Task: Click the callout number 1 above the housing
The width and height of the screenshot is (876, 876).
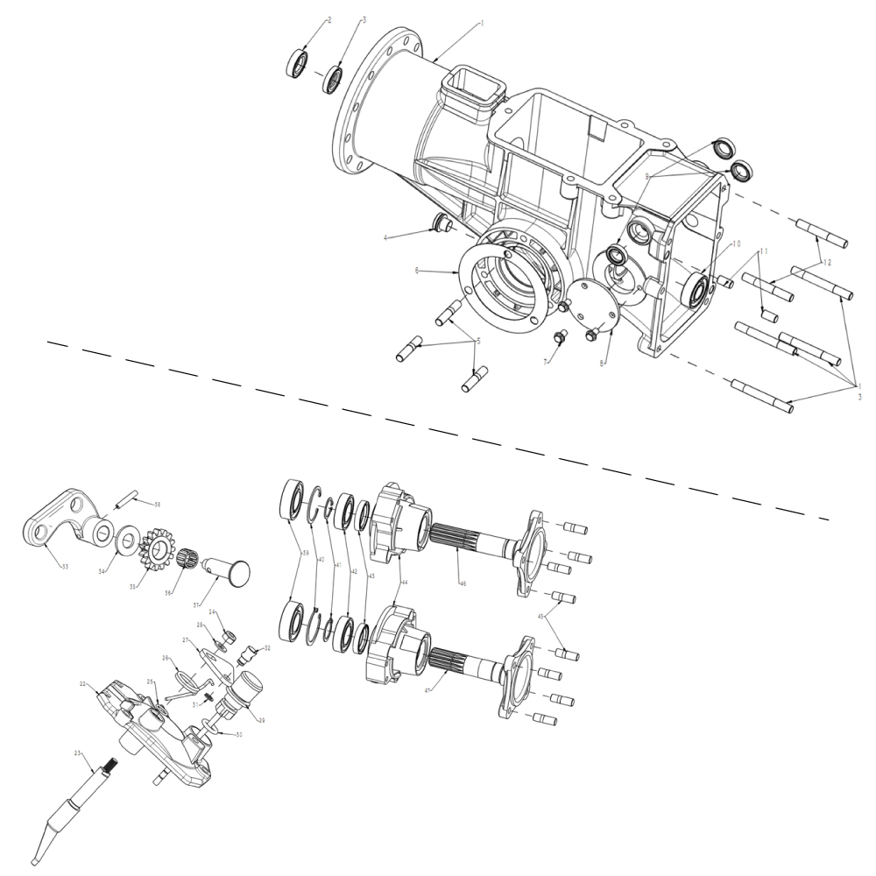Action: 480,25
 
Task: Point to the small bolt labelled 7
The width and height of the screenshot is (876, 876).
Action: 557,338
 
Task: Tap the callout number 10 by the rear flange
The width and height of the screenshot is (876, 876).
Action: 736,244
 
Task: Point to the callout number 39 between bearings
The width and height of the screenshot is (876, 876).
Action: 304,553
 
